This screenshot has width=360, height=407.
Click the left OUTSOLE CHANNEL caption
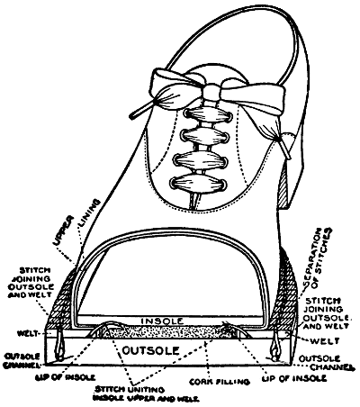point(22,361)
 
